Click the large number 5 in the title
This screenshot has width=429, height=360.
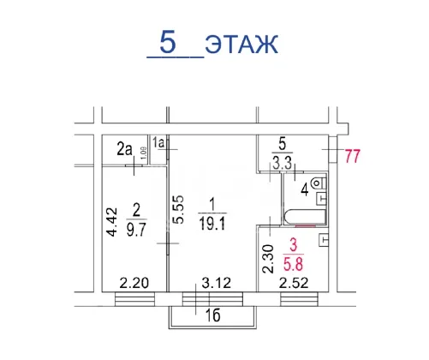(x=168, y=42)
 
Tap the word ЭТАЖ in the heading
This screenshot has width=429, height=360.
(x=241, y=45)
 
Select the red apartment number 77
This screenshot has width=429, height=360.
(x=353, y=156)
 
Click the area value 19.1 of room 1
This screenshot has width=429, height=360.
(x=212, y=223)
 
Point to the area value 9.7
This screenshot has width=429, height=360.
(x=136, y=230)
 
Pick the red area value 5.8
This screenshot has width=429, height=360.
(x=293, y=264)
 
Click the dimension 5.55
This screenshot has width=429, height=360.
(x=179, y=209)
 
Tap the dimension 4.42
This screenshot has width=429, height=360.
(x=111, y=222)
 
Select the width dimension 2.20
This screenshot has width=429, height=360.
(x=134, y=283)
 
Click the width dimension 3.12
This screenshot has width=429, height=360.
(x=217, y=283)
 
